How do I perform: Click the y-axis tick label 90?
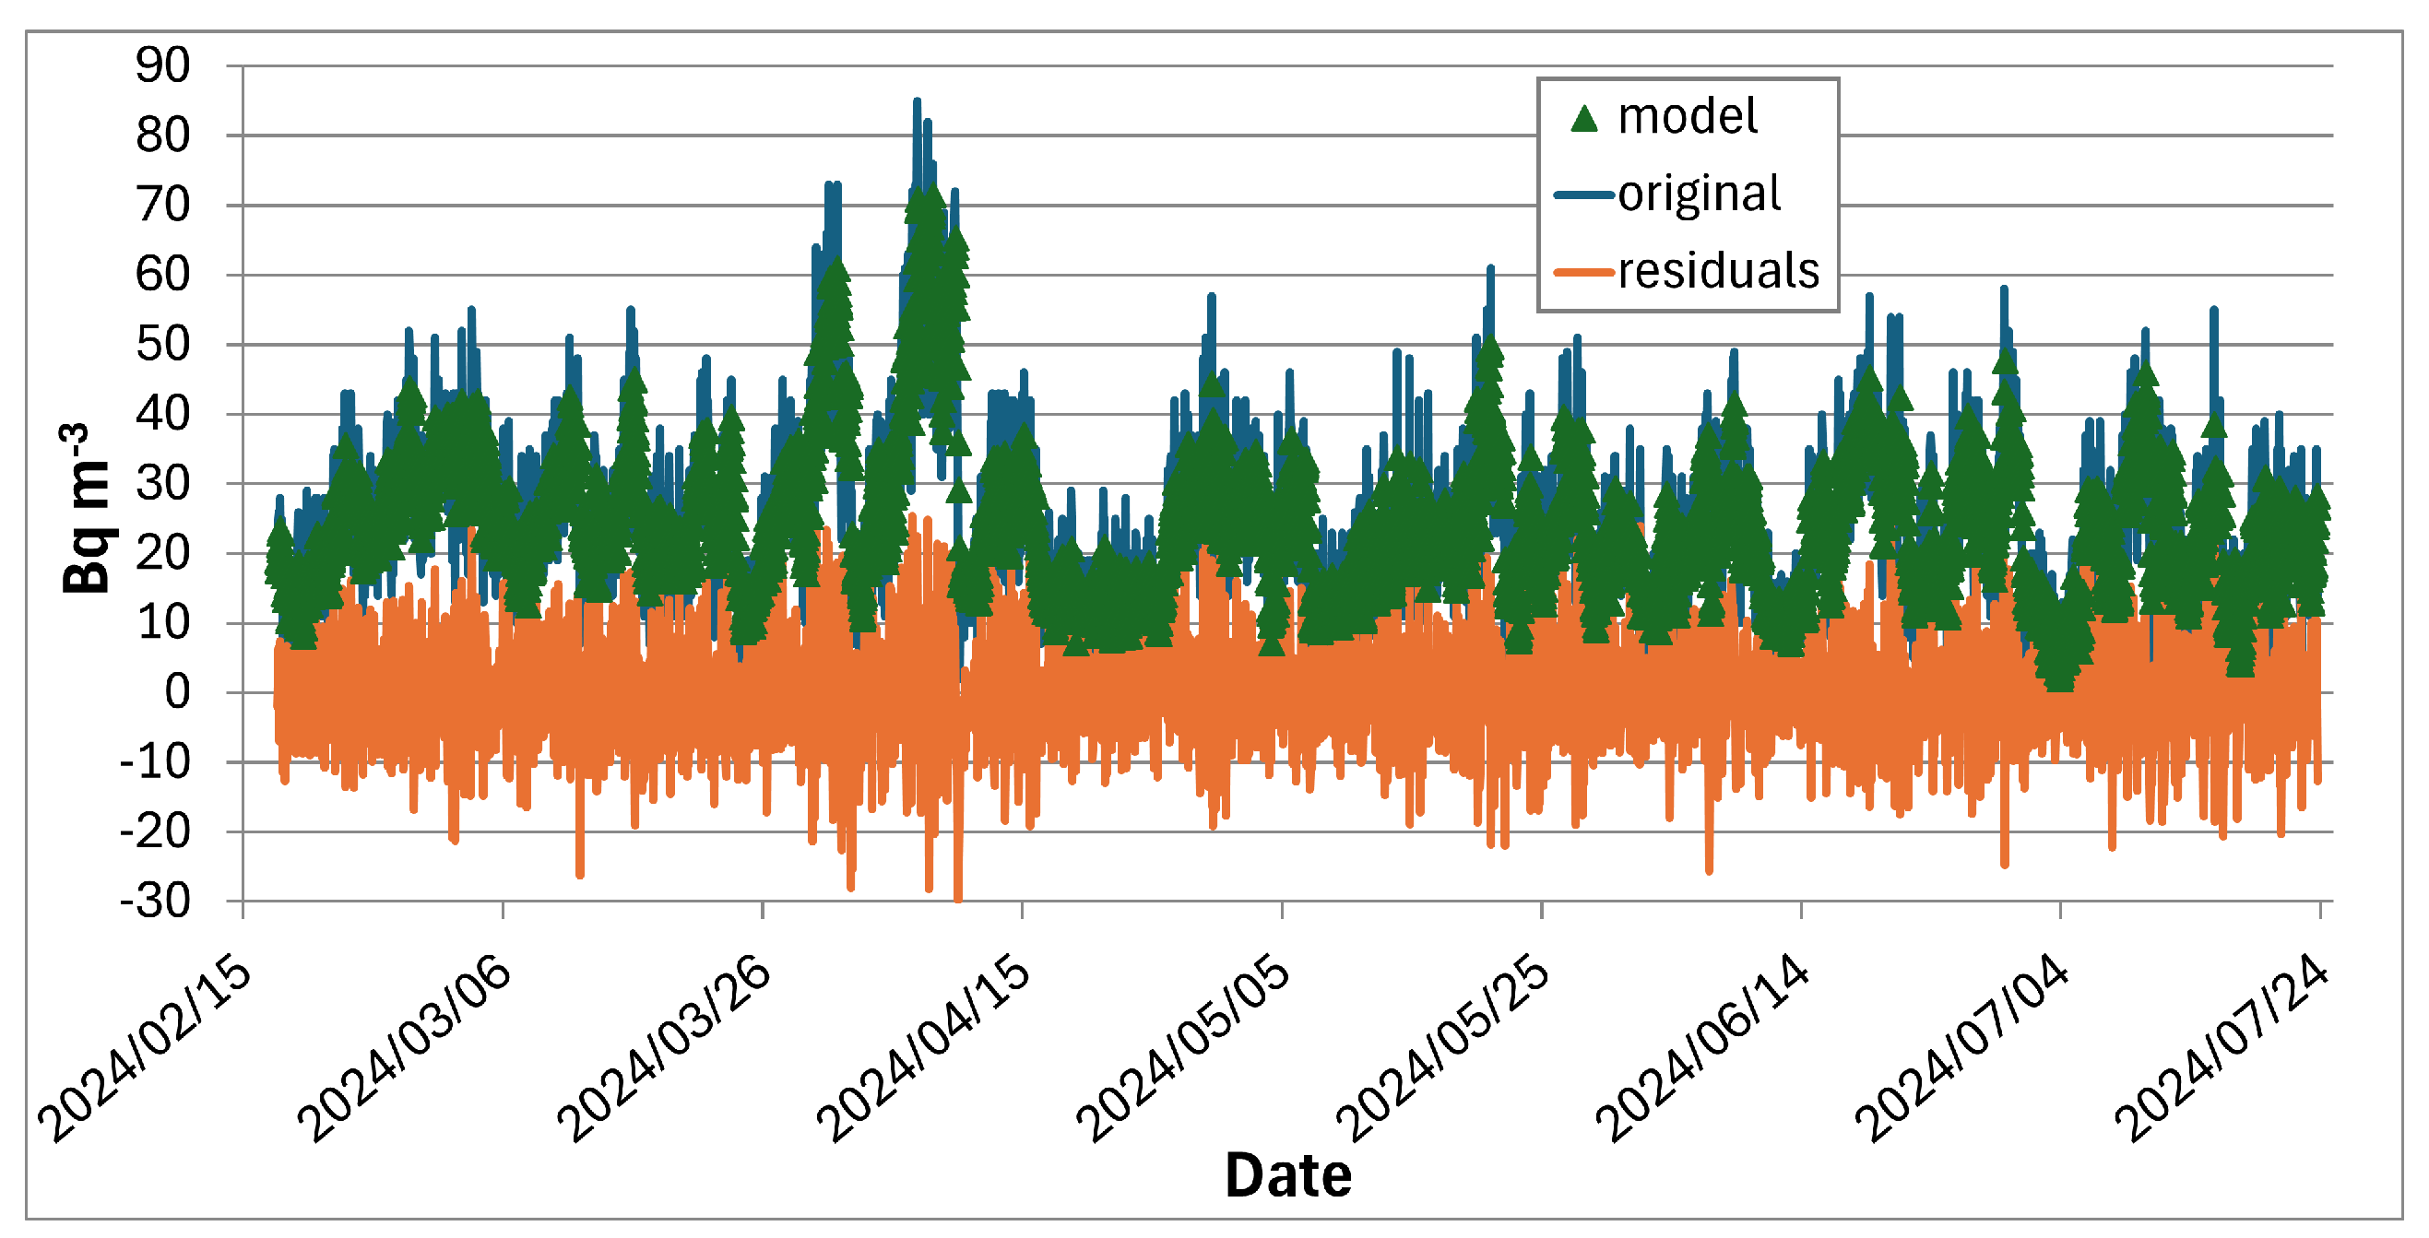pos(162,66)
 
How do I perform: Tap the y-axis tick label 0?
pos(177,693)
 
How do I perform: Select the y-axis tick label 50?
pos(162,345)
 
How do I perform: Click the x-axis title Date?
pos(1288,1175)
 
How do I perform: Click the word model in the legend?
pos(1687,117)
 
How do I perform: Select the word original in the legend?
pos(1700,195)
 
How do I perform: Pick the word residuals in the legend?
pos(1718,272)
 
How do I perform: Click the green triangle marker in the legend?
pos(1584,119)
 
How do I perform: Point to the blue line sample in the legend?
pos(1584,195)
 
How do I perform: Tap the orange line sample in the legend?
pos(1584,273)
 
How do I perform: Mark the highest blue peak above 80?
pos(917,101)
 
